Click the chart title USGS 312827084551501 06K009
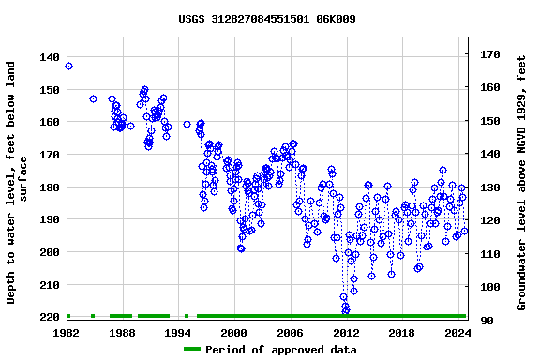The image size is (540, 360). click(267, 19)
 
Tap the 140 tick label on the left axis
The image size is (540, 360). click(49, 57)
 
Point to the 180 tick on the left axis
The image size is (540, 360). click(49, 187)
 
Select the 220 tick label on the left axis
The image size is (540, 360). click(49, 317)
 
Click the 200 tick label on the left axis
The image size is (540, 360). click(49, 252)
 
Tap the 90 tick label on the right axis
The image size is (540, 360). click(487, 321)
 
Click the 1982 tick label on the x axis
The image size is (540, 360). click(67, 332)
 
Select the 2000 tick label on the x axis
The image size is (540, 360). click(233, 332)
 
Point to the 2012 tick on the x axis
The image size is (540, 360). click(346, 332)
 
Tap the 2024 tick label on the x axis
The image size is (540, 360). click(457, 332)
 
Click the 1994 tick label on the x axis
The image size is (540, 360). click(178, 332)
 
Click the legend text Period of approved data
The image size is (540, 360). click(280, 350)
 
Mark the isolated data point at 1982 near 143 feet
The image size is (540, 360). click(68, 66)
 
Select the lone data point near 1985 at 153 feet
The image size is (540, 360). click(93, 98)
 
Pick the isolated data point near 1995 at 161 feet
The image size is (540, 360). click(187, 124)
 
